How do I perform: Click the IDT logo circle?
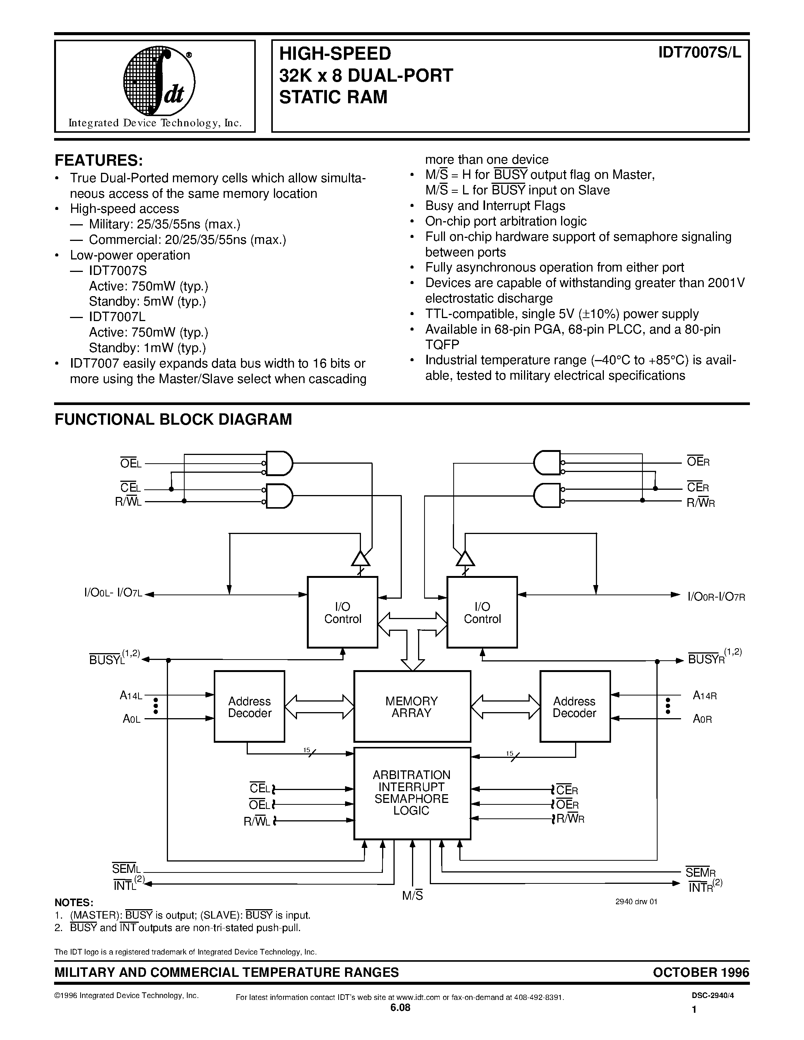[x=159, y=84]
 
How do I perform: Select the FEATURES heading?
[x=99, y=160]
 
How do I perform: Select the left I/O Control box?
[x=342, y=612]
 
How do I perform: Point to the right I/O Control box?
[x=482, y=612]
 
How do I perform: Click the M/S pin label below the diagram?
[x=412, y=896]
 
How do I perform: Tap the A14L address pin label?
[x=131, y=696]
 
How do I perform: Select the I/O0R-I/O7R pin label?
[x=716, y=597]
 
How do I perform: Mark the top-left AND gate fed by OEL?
[x=278, y=463]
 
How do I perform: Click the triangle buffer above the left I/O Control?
[x=361, y=558]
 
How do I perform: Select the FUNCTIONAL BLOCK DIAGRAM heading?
[x=173, y=419]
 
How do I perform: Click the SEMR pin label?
[x=701, y=872]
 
